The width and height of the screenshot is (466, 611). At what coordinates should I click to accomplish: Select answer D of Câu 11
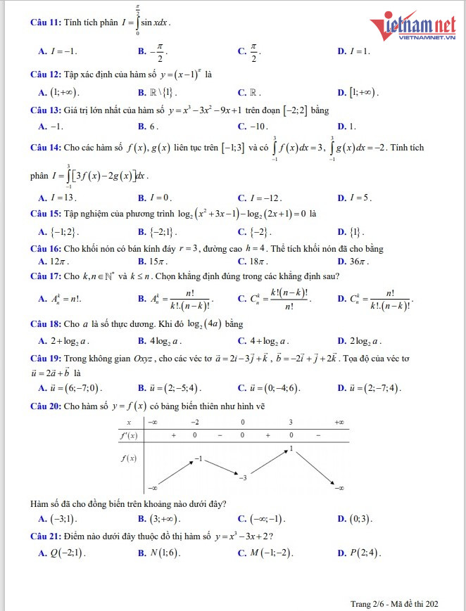(354, 51)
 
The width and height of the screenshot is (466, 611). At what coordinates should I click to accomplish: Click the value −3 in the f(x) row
(242, 477)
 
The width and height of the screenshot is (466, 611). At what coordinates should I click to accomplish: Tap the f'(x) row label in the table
(130, 435)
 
